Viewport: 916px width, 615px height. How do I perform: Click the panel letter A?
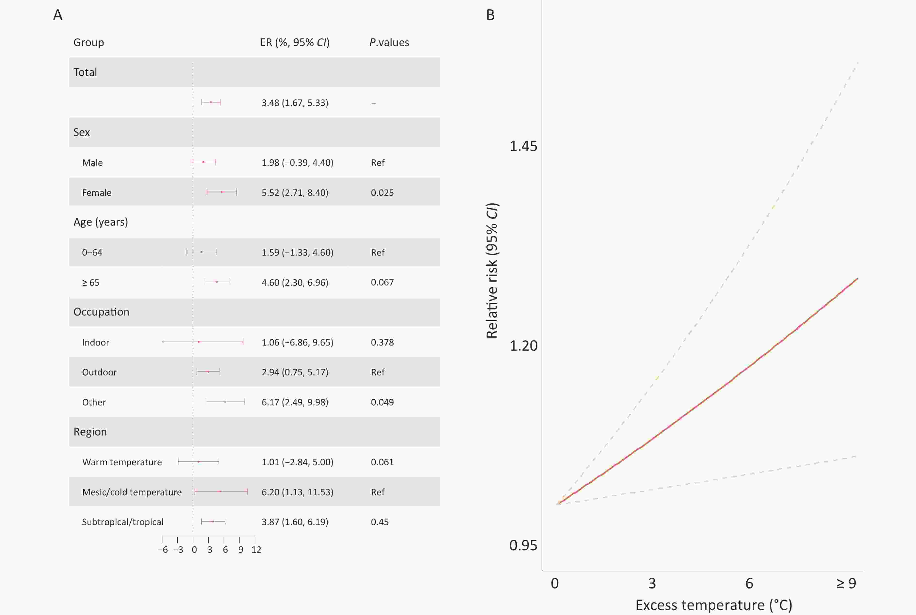pyautogui.click(x=58, y=15)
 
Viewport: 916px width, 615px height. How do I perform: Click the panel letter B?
pyautogui.click(x=490, y=15)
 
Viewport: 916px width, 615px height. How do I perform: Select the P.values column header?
pyautogui.click(x=389, y=42)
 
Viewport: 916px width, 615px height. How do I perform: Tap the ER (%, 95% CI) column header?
pyautogui.click(x=294, y=42)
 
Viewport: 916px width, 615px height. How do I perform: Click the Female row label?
pyautogui.click(x=96, y=193)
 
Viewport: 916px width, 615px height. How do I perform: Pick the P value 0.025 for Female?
pyautogui.click(x=382, y=193)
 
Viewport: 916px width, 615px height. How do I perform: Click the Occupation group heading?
pyautogui.click(x=101, y=312)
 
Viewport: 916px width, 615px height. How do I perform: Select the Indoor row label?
pyautogui.click(x=95, y=342)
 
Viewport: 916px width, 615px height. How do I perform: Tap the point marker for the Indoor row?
pyautogui.click(x=198, y=342)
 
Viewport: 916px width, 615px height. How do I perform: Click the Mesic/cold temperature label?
pyautogui.click(x=132, y=492)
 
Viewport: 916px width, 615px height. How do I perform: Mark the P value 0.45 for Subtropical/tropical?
pyautogui.click(x=379, y=522)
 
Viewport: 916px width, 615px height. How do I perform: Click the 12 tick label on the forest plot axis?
pyautogui.click(x=256, y=550)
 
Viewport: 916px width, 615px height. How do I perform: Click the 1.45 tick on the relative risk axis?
pyautogui.click(x=523, y=146)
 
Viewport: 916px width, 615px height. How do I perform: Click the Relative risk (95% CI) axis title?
pyautogui.click(x=492, y=271)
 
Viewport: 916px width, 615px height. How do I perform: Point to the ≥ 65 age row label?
pyautogui.click(x=91, y=282)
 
